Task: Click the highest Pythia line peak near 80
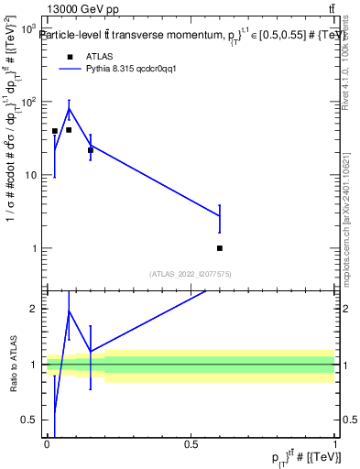69,109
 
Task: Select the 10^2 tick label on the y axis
28,102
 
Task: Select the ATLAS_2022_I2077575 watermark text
191,273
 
